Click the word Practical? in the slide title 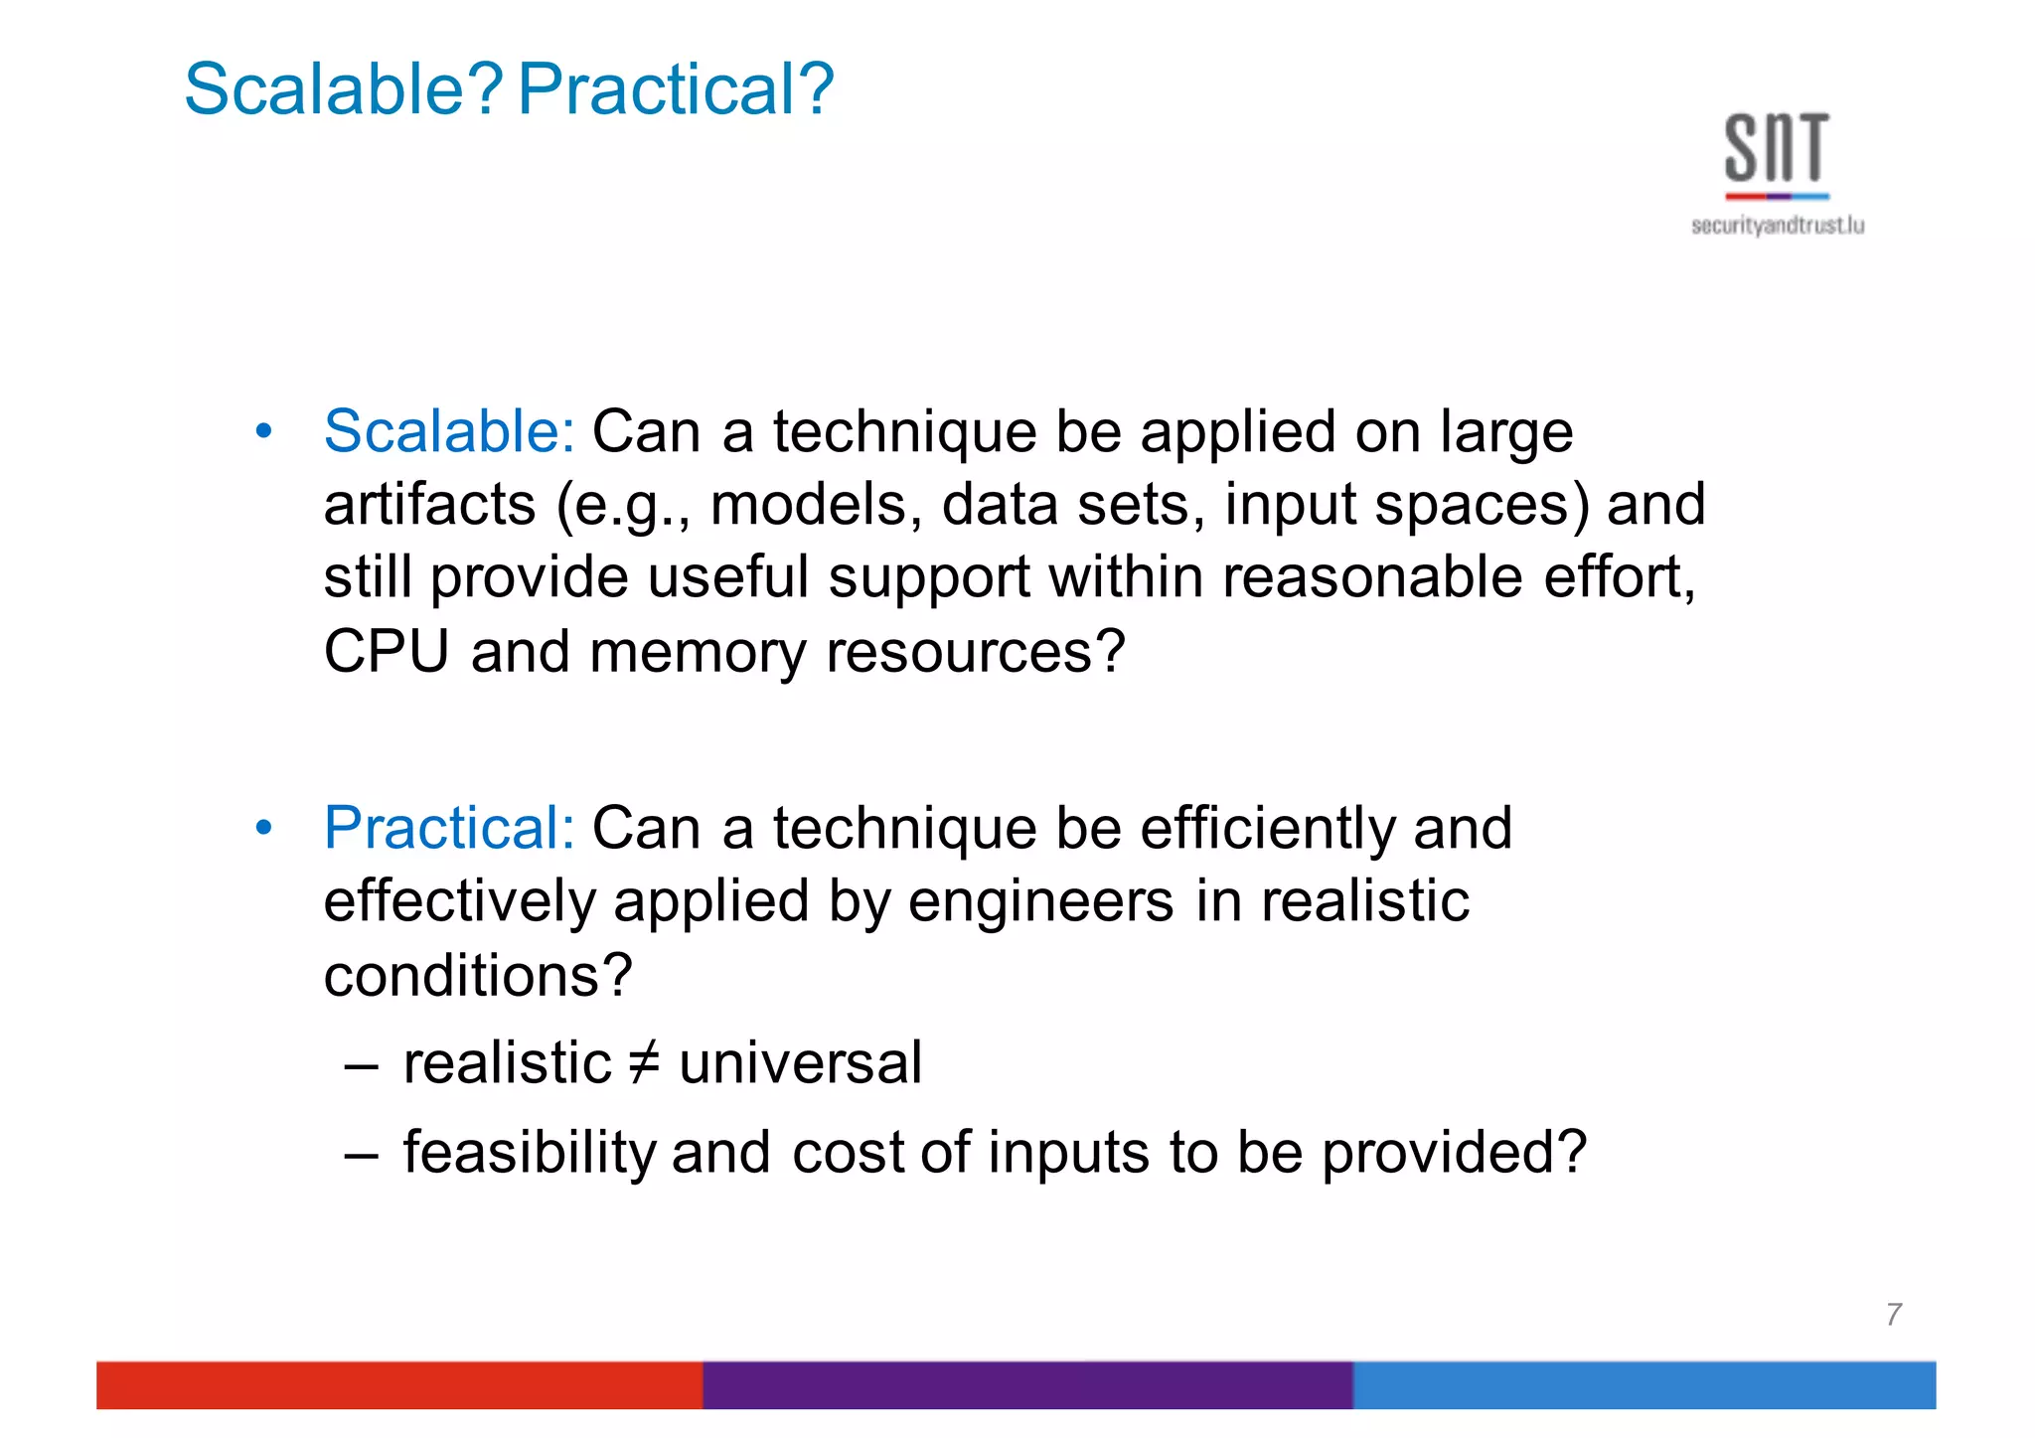[x=676, y=89]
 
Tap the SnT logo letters [x=1777, y=149]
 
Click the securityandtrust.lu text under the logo [x=1778, y=227]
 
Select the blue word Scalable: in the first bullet [x=449, y=432]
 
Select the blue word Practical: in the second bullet [x=449, y=828]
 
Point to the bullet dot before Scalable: [x=263, y=432]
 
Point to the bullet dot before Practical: [x=263, y=828]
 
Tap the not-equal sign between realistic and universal [x=645, y=1063]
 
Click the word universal [x=801, y=1063]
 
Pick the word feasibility [x=530, y=1153]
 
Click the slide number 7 [x=1894, y=1315]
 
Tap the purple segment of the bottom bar [x=1027, y=1385]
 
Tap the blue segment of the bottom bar [x=1644, y=1385]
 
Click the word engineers [x=1040, y=902]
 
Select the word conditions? [x=478, y=976]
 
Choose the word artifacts [x=430, y=506]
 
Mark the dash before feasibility [x=361, y=1155]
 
